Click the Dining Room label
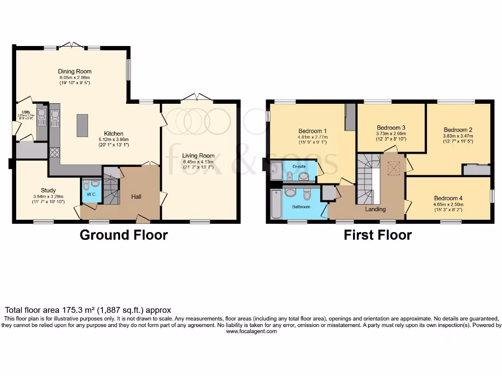75,71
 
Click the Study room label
48,190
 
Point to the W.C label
91,194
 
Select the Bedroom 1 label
313,131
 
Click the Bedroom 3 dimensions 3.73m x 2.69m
391,134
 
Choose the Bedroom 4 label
448,198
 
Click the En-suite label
299,166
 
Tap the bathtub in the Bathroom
275,204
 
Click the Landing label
376,209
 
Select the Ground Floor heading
124,235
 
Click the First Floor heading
377,235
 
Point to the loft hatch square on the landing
394,168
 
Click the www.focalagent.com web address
251,331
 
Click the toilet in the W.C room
86,185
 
